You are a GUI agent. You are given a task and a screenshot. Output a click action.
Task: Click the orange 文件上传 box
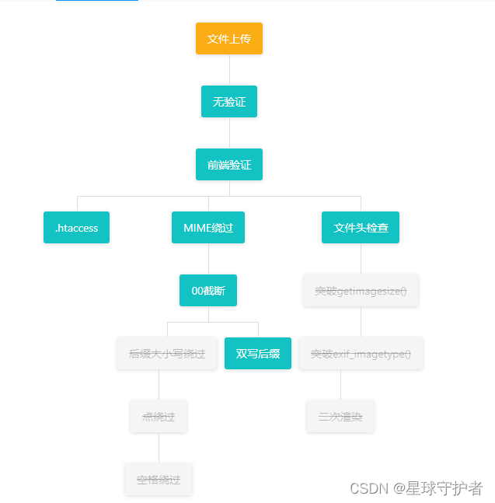coord(229,39)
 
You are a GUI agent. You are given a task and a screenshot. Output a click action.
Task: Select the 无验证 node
coord(229,102)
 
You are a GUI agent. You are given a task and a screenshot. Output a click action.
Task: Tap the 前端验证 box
coord(229,165)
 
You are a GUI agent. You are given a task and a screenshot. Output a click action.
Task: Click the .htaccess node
coord(76,228)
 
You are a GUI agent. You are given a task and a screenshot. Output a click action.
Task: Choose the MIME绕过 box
coord(208,228)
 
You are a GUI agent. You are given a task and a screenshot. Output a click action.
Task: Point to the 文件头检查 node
coord(361,228)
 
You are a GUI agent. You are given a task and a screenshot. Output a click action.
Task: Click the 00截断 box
coord(208,291)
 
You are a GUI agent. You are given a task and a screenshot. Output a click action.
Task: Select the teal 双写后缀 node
coord(258,354)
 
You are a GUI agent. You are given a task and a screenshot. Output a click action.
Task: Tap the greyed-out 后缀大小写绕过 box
coord(167,354)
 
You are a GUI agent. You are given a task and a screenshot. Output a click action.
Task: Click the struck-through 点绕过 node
coord(159,417)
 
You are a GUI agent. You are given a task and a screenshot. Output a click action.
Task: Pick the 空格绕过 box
coord(159,480)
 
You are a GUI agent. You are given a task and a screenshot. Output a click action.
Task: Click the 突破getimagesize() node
coord(361,291)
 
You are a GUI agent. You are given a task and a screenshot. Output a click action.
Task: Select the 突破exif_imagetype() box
coord(361,354)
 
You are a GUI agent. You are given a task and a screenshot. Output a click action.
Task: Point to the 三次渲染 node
coord(340,417)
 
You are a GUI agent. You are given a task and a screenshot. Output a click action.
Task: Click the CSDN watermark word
coord(368,488)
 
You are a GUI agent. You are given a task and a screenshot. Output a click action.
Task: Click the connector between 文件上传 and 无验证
coord(229,70)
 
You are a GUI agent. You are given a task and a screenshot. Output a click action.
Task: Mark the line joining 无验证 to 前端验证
coord(229,133)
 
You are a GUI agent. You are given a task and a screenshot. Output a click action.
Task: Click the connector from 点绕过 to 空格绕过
coord(159,448)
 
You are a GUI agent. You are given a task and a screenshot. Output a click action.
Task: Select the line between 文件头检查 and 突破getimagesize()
coord(361,259)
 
